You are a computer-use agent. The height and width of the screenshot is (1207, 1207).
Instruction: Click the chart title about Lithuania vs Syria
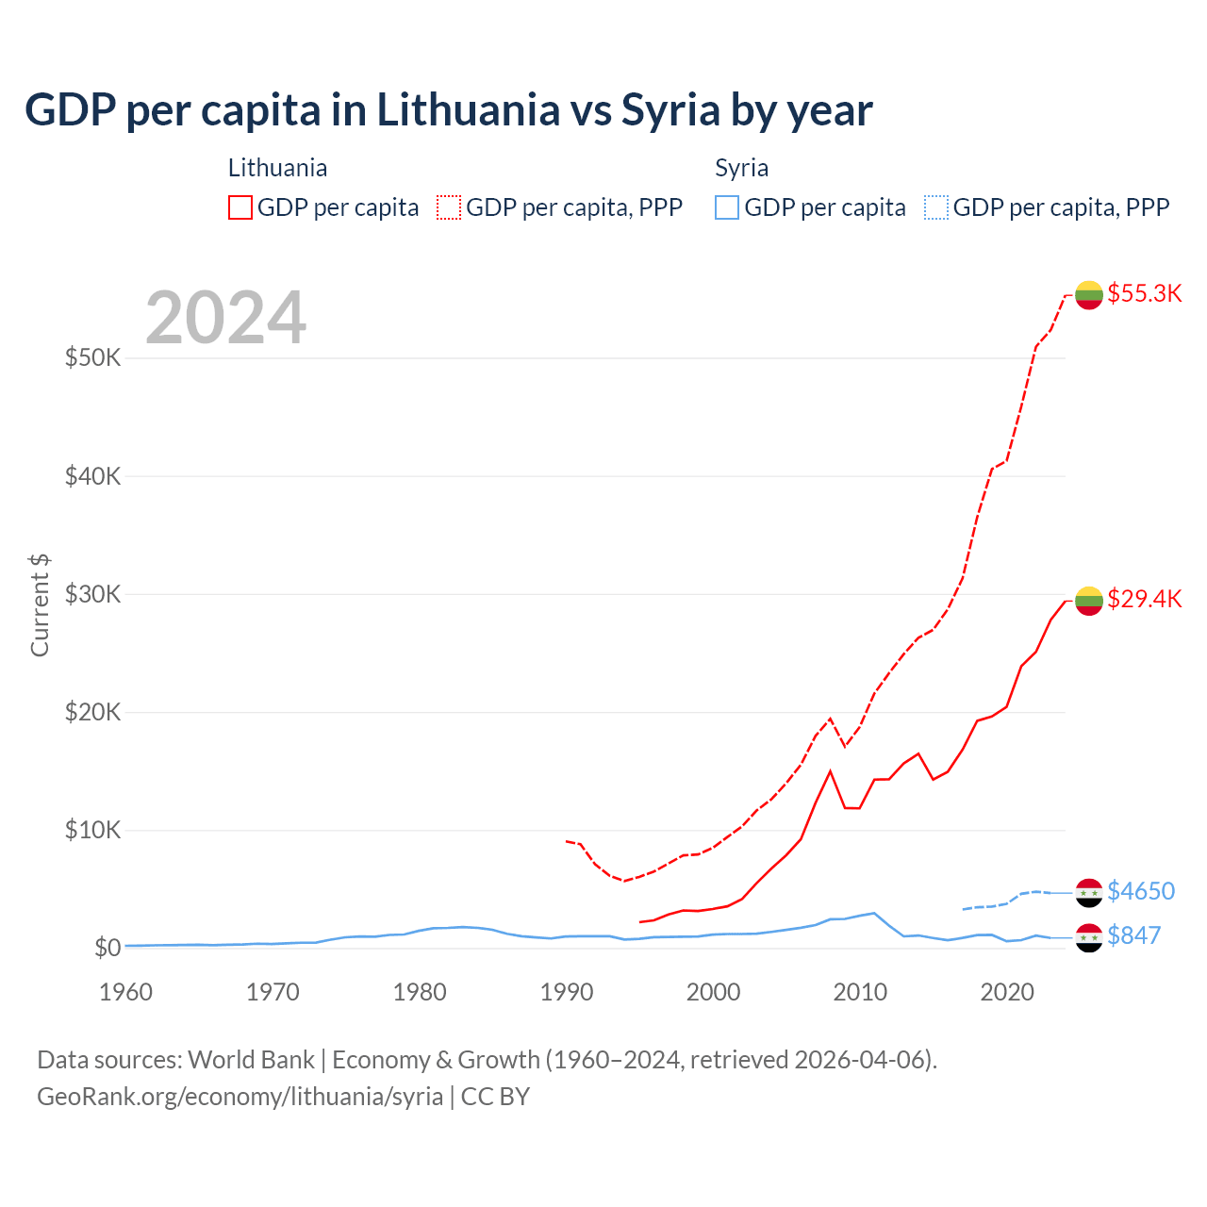pos(449,110)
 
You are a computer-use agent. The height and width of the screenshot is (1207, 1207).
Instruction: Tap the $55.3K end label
pos(1144,293)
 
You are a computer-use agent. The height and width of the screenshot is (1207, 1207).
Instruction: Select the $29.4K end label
pos(1144,599)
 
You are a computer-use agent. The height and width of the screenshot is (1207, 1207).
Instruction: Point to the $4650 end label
pos(1141,891)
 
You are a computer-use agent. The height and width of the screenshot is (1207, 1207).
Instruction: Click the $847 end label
pos(1133,935)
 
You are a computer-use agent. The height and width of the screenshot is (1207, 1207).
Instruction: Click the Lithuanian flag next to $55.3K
pos(1089,295)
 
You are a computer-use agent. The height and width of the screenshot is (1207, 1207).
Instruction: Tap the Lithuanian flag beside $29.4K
pos(1089,601)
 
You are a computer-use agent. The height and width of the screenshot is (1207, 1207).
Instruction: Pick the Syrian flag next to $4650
pos(1089,893)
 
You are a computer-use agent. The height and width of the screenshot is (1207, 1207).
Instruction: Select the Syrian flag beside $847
pos(1089,937)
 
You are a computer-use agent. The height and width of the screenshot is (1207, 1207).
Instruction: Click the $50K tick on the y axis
pos(92,358)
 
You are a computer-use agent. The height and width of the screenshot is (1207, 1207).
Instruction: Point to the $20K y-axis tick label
pos(92,712)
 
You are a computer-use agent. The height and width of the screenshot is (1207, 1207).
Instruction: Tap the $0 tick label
pos(107,948)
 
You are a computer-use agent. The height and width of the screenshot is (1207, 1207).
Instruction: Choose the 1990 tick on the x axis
pos(567,992)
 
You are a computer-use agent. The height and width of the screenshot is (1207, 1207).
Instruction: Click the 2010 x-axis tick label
pos(860,992)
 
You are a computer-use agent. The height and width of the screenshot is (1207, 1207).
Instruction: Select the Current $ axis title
pos(40,605)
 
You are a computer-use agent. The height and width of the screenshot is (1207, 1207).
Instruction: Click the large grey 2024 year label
pos(225,318)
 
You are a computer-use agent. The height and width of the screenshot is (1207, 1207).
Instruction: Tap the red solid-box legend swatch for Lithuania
pos(240,207)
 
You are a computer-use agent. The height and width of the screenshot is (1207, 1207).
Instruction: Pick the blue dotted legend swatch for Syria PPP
pos(936,207)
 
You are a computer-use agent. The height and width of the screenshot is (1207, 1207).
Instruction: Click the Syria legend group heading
pos(741,168)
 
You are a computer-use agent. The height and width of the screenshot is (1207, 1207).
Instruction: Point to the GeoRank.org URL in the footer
pos(240,1097)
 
